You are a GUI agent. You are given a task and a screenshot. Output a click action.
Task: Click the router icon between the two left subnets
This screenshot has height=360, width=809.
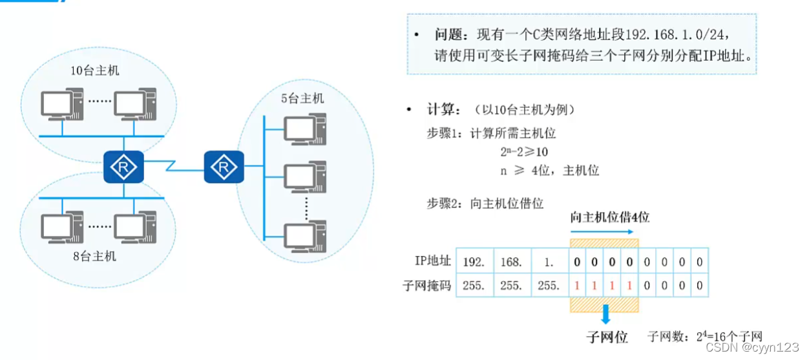tap(123, 167)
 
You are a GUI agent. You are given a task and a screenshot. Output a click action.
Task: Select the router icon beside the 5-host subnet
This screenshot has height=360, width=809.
tap(224, 167)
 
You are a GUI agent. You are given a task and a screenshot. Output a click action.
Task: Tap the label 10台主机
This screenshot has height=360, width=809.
tap(95, 70)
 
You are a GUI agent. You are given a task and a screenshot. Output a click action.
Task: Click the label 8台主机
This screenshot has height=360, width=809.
tap(94, 256)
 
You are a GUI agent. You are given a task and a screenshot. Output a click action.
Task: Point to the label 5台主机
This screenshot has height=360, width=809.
tap(302, 98)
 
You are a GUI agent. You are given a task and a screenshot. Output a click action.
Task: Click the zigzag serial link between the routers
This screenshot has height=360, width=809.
tap(173, 166)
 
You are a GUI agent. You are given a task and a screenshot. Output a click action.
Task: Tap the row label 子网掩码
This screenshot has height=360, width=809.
tap(426, 285)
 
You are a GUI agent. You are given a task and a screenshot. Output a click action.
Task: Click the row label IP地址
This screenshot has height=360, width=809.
tap(432, 262)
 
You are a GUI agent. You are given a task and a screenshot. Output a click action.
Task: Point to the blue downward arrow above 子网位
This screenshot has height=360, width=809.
tap(605, 313)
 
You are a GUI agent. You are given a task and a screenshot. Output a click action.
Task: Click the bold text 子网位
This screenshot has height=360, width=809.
tap(607, 337)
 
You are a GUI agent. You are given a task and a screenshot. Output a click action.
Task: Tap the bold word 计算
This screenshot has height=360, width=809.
tap(442, 110)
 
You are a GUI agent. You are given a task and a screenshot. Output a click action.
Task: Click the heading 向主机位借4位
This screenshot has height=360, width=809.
tap(609, 217)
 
